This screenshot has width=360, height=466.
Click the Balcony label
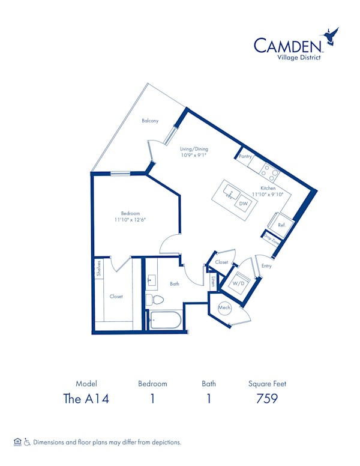pyautogui.click(x=150, y=121)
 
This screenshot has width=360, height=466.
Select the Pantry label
pyautogui.click(x=244, y=156)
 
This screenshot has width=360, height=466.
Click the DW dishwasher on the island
pyautogui.click(x=243, y=204)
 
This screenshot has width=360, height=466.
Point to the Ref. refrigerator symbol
pyautogui.click(x=281, y=225)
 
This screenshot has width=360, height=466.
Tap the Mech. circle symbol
pyautogui.click(x=224, y=307)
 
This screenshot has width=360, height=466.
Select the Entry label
pyautogui.click(x=266, y=265)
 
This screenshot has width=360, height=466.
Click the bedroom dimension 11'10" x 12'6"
pyautogui.click(x=130, y=220)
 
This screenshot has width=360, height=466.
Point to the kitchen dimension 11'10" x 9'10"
pyautogui.click(x=268, y=195)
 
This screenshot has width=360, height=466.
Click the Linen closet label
pyautogui.click(x=212, y=280)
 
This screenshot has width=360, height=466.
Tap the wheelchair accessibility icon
pyautogui.click(x=26, y=442)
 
